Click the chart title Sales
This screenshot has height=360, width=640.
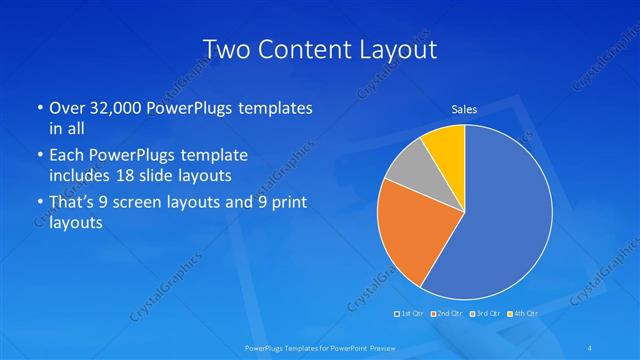click(464, 109)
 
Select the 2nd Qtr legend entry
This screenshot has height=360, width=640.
click(449, 314)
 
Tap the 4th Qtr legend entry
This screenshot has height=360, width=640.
click(523, 314)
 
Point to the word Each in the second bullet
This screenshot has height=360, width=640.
click(67, 156)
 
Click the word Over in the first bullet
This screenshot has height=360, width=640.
click(67, 108)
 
